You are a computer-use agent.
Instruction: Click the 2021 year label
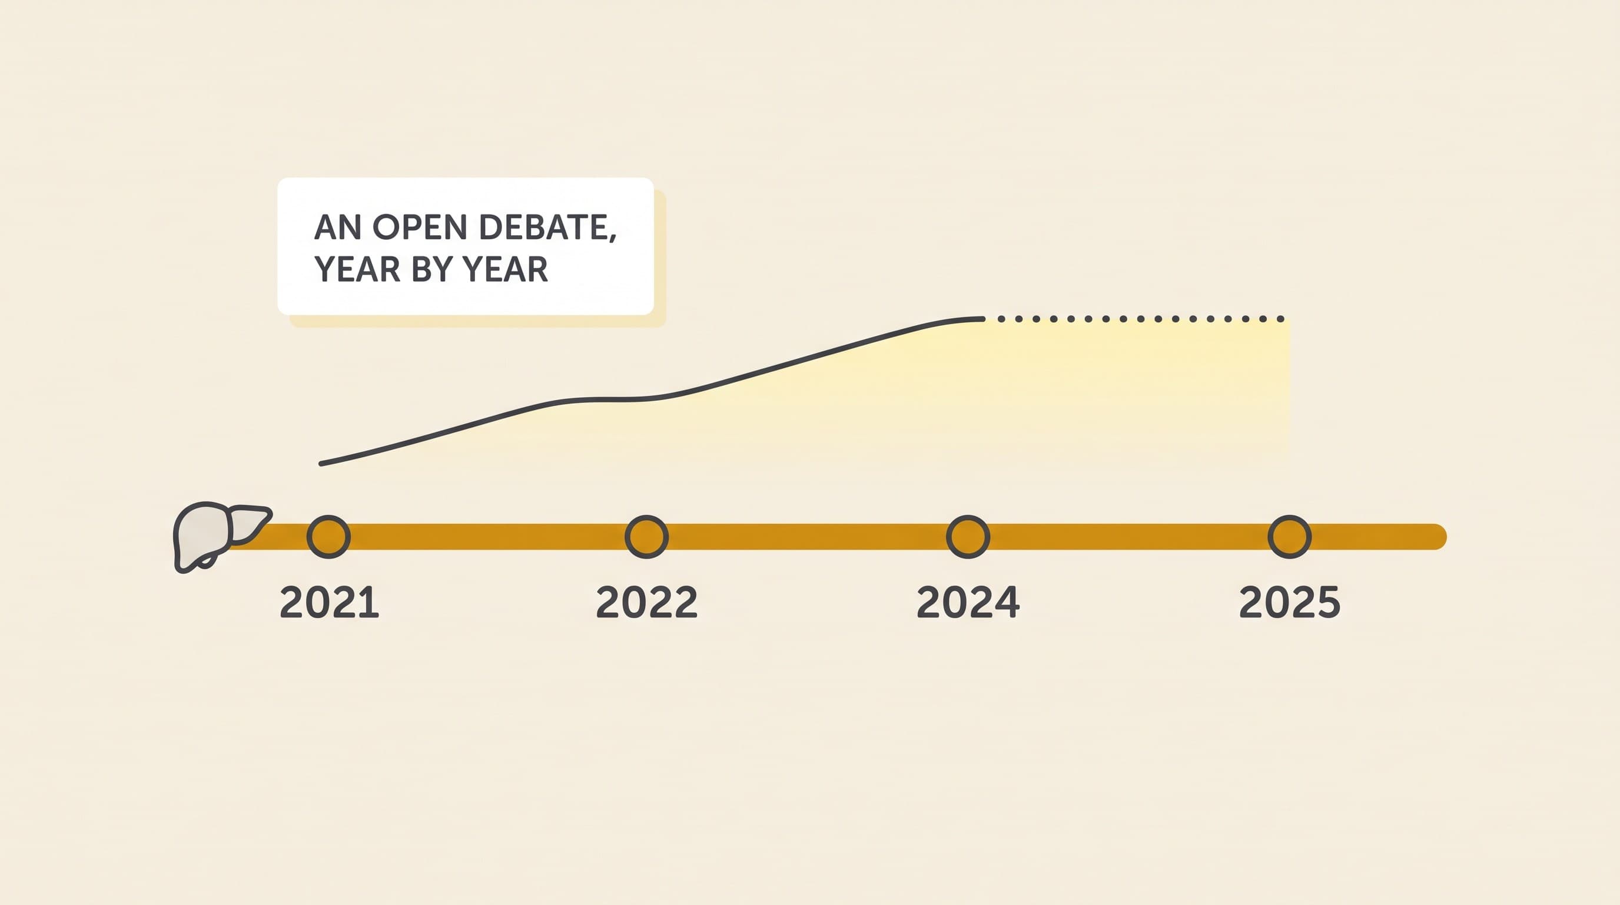point(330,602)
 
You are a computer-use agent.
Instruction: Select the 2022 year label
point(646,602)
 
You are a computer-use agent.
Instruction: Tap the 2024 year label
point(968,602)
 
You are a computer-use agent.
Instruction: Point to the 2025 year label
point(1289,602)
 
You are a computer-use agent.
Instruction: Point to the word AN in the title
point(338,227)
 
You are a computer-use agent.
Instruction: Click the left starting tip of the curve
point(321,464)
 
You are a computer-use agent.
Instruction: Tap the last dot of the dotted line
point(1280,319)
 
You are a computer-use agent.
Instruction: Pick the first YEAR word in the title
point(357,269)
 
